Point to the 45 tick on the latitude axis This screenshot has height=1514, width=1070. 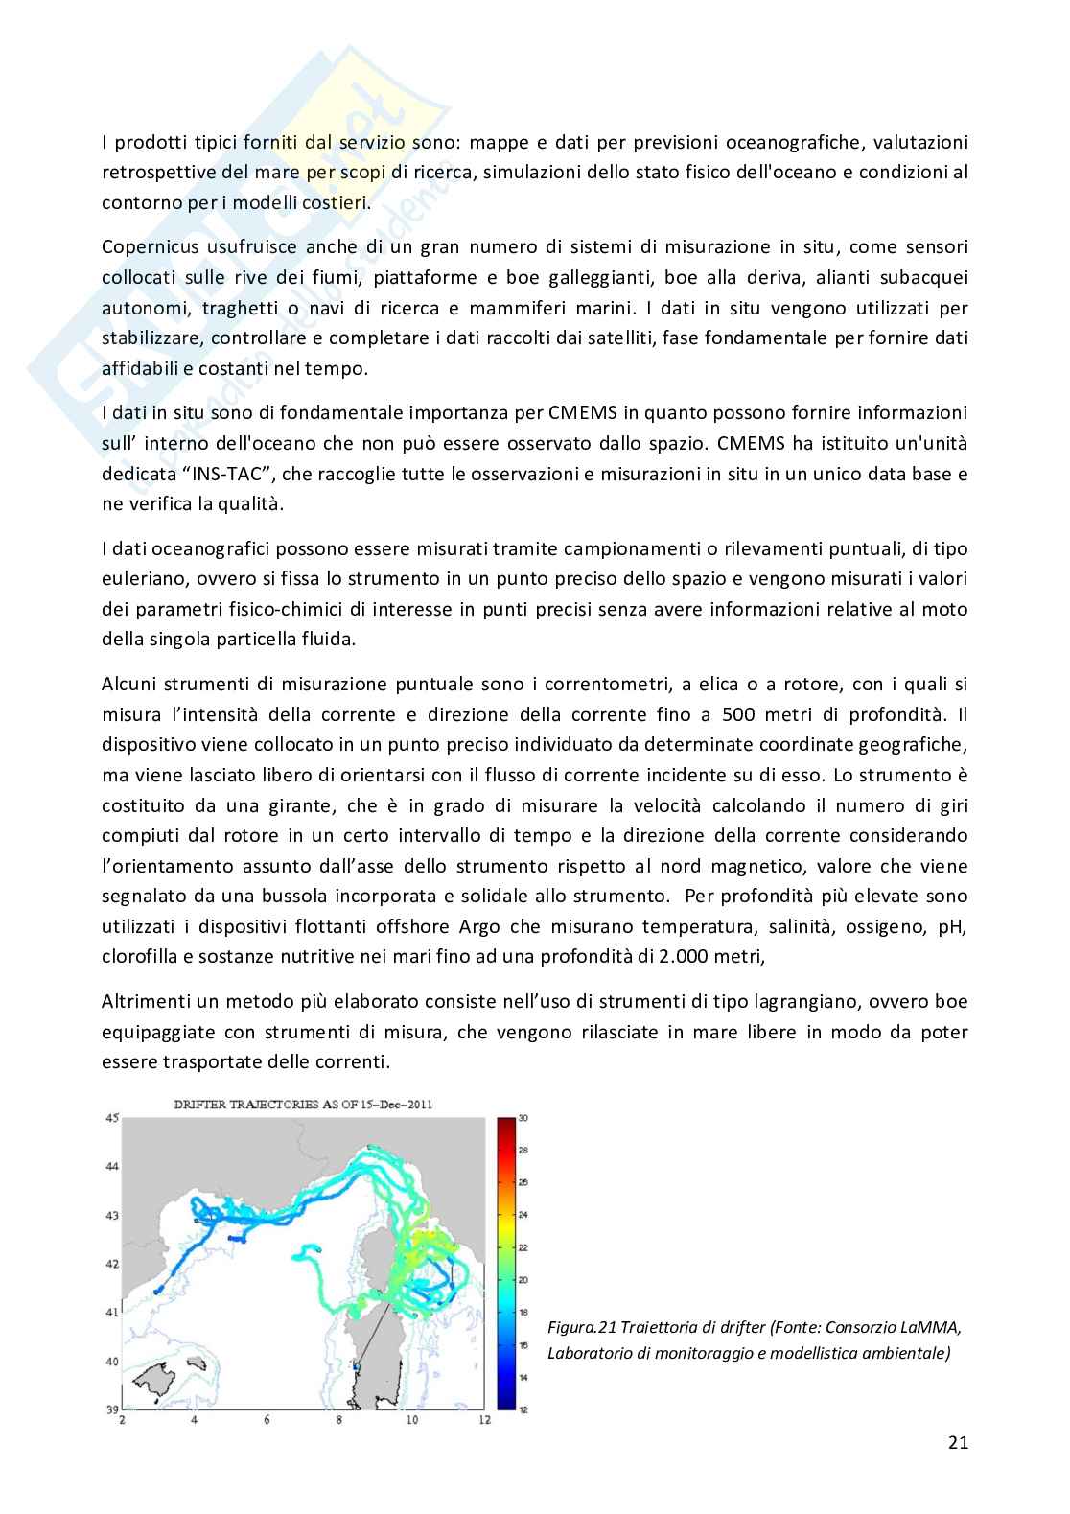pyautogui.click(x=111, y=1119)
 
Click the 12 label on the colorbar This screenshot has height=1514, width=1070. pyautogui.click(x=523, y=1409)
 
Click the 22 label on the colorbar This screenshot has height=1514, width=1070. pyautogui.click(x=523, y=1247)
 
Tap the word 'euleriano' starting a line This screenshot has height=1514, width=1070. pyautogui.click(x=137, y=578)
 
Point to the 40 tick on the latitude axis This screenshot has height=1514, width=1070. pyautogui.click(x=111, y=1361)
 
